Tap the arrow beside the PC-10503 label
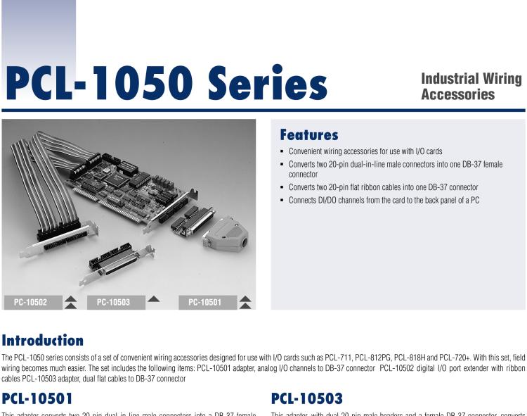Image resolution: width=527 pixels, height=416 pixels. pyautogui.click(x=152, y=301)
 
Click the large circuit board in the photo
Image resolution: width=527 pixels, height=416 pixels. pyautogui.click(x=141, y=183)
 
